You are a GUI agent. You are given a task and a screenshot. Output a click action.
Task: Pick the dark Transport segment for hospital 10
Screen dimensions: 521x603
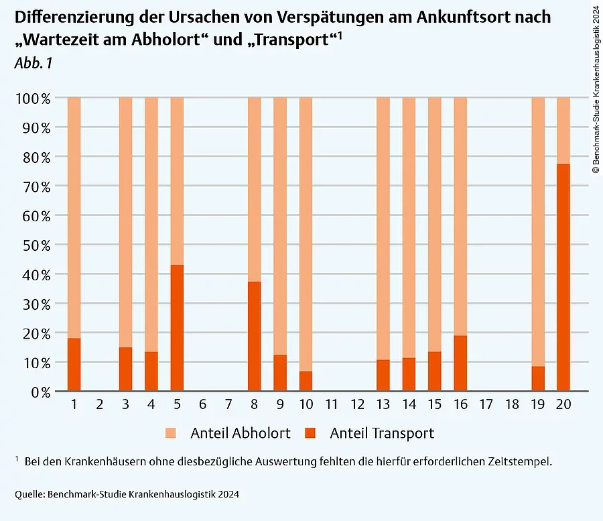[x=306, y=381]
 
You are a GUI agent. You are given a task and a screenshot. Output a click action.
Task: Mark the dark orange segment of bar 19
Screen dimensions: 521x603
[x=538, y=379]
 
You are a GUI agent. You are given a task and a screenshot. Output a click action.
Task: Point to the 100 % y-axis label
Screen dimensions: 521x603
[x=33, y=99]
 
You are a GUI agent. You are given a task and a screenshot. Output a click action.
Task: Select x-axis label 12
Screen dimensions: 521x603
[x=357, y=405]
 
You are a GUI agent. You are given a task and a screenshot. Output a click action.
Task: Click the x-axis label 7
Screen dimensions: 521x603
[x=228, y=405]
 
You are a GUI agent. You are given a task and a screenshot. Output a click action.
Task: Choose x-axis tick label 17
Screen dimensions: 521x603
[x=486, y=405]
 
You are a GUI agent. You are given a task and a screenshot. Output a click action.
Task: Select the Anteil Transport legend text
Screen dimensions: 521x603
[x=382, y=433]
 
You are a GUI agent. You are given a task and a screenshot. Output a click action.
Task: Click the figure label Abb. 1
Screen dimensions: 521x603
[x=33, y=64]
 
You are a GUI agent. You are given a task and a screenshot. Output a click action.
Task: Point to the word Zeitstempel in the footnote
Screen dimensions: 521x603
[x=519, y=462]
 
